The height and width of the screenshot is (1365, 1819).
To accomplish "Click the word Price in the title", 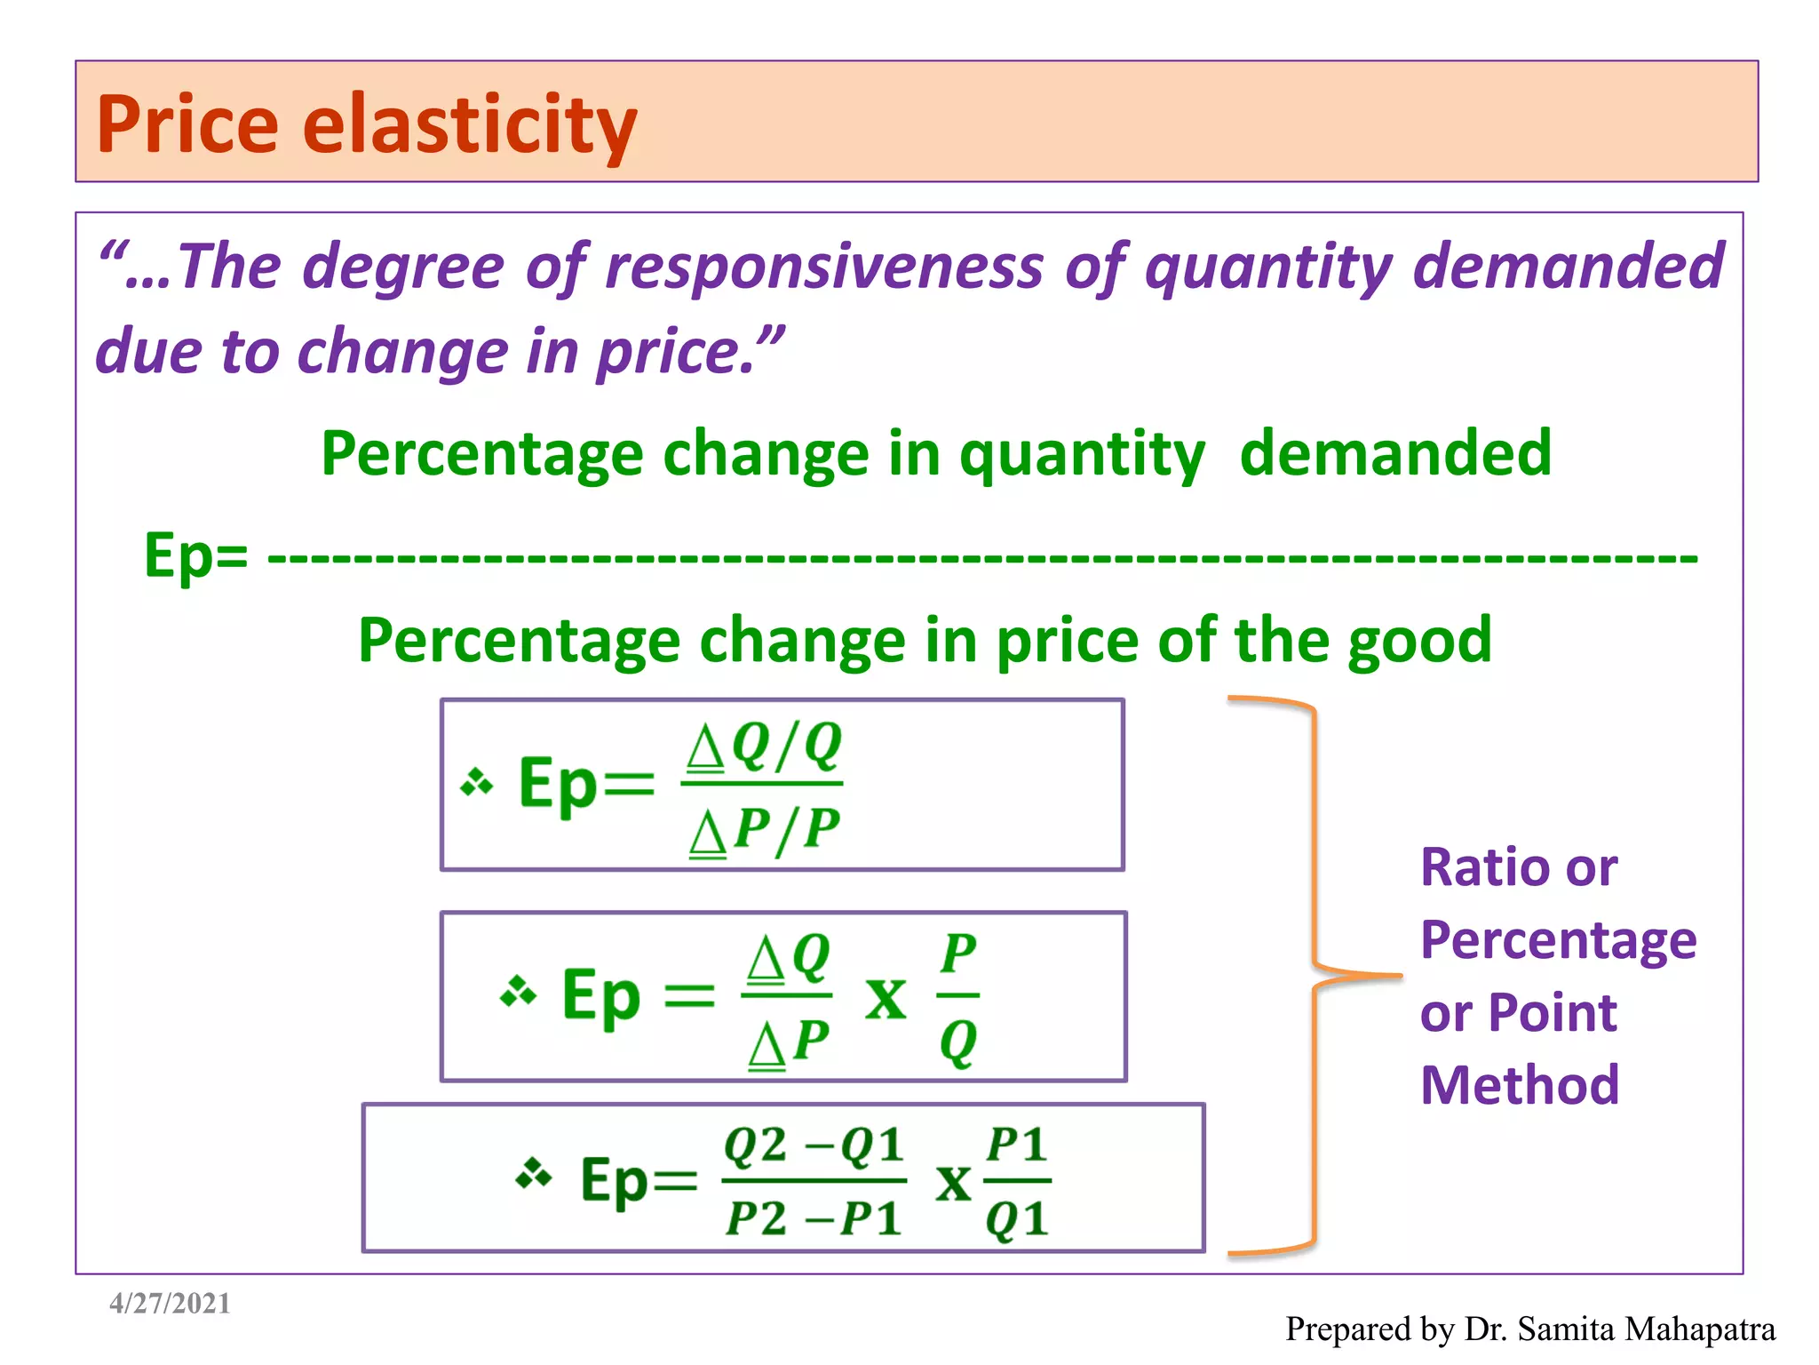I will (x=187, y=124).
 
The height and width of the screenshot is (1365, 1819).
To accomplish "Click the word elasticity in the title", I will (x=470, y=124).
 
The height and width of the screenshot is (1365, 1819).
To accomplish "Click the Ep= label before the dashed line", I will (x=196, y=555).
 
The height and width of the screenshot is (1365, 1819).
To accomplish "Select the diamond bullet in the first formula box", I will (x=477, y=782).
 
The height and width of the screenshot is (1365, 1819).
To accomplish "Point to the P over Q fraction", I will (x=958, y=997).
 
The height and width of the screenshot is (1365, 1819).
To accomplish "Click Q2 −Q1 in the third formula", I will (x=814, y=1145).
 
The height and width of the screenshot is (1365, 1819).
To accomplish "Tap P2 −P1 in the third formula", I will (x=814, y=1217).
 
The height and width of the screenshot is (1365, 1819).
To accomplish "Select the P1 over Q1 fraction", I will (x=1017, y=1181).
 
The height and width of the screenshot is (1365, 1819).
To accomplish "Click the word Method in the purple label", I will (x=1520, y=1085).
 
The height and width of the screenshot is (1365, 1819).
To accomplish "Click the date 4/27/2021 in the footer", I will (x=170, y=1304).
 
